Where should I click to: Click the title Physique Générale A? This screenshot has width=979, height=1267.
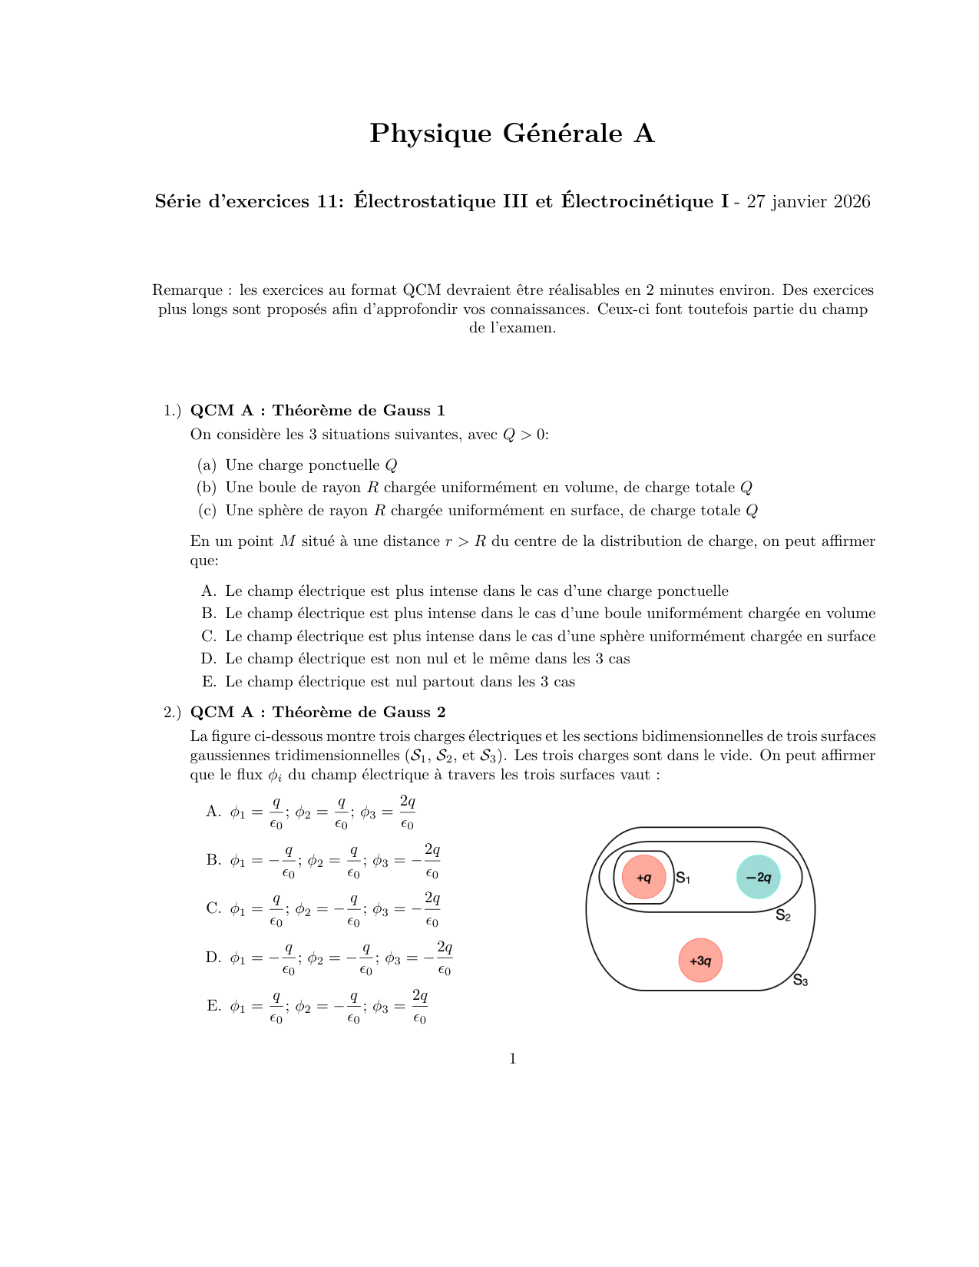[x=511, y=134]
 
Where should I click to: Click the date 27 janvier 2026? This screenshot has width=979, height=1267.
[x=809, y=202]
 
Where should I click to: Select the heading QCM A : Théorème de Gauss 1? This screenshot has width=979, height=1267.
[x=317, y=411]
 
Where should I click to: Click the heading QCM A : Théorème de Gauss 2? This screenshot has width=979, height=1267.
[x=317, y=713]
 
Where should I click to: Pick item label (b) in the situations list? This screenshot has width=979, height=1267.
[x=207, y=488]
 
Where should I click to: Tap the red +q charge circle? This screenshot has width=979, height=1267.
[x=643, y=877]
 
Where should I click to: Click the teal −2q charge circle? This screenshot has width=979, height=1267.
[x=758, y=877]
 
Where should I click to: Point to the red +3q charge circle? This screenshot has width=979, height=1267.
[x=700, y=961]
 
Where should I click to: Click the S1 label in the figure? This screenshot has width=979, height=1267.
[x=683, y=878]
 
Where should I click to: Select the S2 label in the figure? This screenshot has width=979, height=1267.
[x=782, y=915]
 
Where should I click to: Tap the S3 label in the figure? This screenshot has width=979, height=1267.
[x=800, y=981]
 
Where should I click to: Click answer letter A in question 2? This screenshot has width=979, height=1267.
[x=213, y=812]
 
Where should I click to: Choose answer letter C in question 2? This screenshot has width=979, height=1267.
[x=213, y=909]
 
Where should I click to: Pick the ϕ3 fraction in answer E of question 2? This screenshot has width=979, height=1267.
[x=419, y=1007]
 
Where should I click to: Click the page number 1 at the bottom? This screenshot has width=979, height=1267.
[x=513, y=1060]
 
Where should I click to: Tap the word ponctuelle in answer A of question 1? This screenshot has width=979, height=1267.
[x=693, y=591]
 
